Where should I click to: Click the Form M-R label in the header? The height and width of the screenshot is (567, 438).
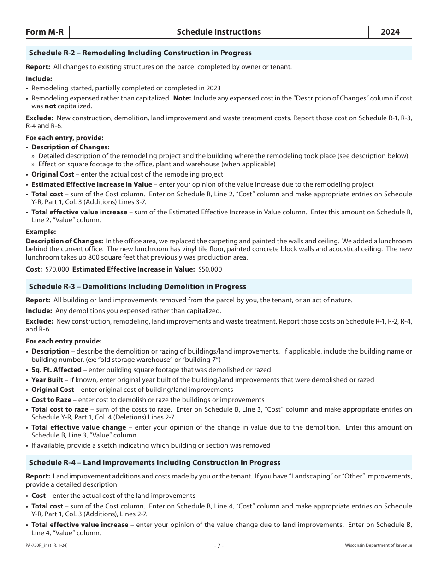45,32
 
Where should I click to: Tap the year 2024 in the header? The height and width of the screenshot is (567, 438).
390,32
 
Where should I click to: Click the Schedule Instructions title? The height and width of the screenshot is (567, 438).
219,32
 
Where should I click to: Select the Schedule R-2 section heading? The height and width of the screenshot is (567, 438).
140,53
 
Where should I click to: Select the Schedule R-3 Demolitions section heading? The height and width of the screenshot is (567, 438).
137,287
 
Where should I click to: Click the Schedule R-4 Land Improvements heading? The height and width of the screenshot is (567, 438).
154,462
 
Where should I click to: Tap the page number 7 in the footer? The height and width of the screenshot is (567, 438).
219,545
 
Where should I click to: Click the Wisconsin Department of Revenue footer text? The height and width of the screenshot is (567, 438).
378,545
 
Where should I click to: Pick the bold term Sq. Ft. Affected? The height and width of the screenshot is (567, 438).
56,370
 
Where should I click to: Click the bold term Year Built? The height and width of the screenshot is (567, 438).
47,380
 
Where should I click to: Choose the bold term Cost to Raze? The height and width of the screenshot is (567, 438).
51,400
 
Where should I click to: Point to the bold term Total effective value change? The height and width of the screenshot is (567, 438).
79,427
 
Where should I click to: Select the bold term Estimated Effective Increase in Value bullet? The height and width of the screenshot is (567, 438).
91,184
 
